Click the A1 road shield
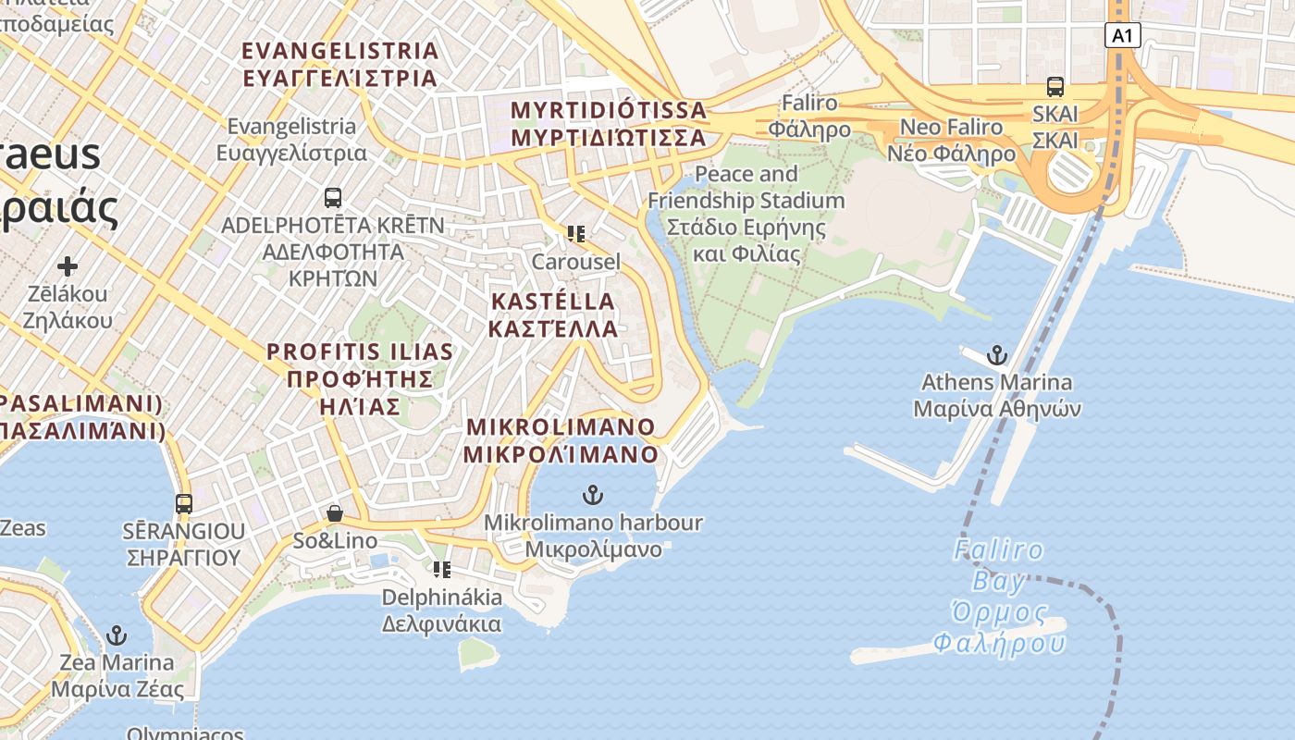pyautogui.click(x=1121, y=36)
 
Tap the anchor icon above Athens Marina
pyautogui.click(x=996, y=355)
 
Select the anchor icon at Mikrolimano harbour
pyautogui.click(x=593, y=495)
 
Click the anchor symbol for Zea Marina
pyautogui.click(x=117, y=635)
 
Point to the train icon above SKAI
pyautogui.click(x=1054, y=87)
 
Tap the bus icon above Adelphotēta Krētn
pyautogui.click(x=333, y=197)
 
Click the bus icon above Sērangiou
pyautogui.click(x=184, y=504)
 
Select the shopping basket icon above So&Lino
pyautogui.click(x=335, y=513)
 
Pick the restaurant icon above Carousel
pyautogui.click(x=575, y=234)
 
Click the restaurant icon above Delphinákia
pyautogui.click(x=441, y=570)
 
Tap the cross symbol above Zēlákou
pyautogui.click(x=67, y=267)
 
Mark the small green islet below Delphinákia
pyautogui.click(x=476, y=652)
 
